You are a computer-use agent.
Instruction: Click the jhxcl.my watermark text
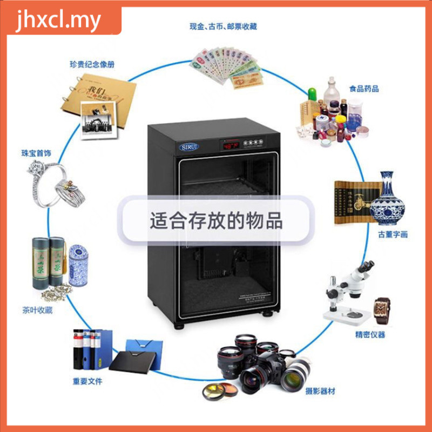point(59,21)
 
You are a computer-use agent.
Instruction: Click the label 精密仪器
point(370,335)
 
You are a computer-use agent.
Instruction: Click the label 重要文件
point(87,381)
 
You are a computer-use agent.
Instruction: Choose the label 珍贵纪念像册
point(92,64)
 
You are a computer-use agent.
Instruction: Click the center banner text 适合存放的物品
point(216,221)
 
